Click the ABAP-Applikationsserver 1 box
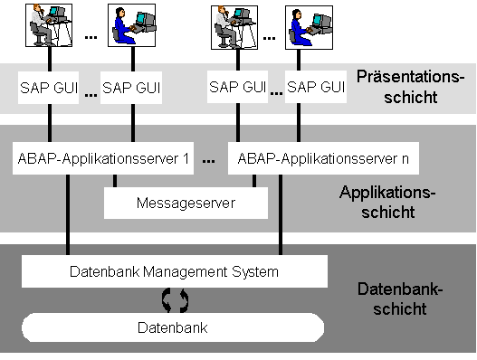click(x=103, y=159)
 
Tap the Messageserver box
click(x=186, y=204)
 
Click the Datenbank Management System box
click(x=175, y=270)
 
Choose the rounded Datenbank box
click(x=173, y=327)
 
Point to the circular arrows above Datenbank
click(x=173, y=298)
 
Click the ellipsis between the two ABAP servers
click(x=209, y=160)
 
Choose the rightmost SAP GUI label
click(x=316, y=88)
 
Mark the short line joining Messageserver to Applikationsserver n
click(x=254, y=180)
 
